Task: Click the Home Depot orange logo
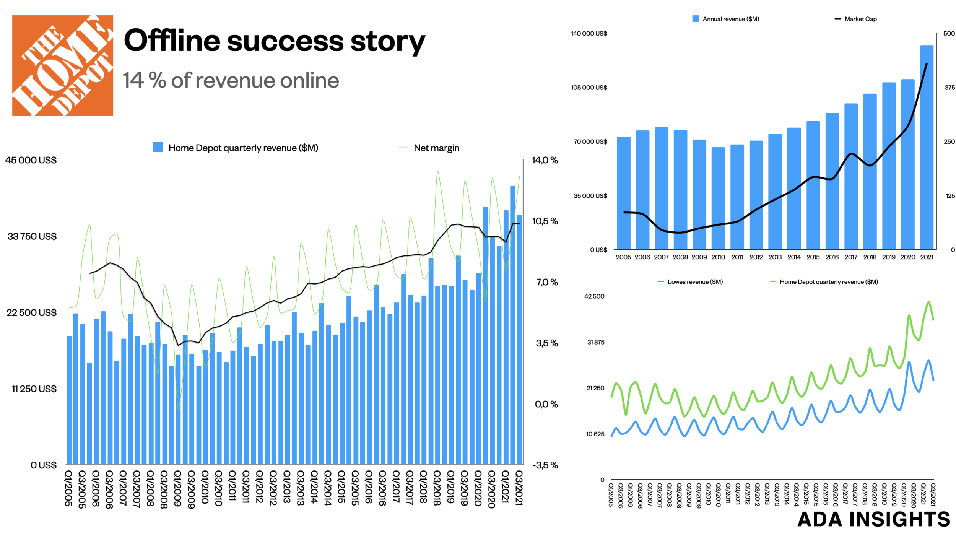(62, 65)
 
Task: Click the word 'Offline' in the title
(172, 41)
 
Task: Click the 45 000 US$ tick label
(31, 160)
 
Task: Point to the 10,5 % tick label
(545, 221)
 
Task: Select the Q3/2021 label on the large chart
(519, 488)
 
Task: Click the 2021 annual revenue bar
(926, 147)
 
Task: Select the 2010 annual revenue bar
(718, 198)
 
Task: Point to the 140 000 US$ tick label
(589, 34)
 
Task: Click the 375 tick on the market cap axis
(949, 88)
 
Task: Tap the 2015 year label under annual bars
(813, 257)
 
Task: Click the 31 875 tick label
(595, 342)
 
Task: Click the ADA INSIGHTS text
(873, 519)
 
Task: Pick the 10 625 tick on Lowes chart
(595, 434)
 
